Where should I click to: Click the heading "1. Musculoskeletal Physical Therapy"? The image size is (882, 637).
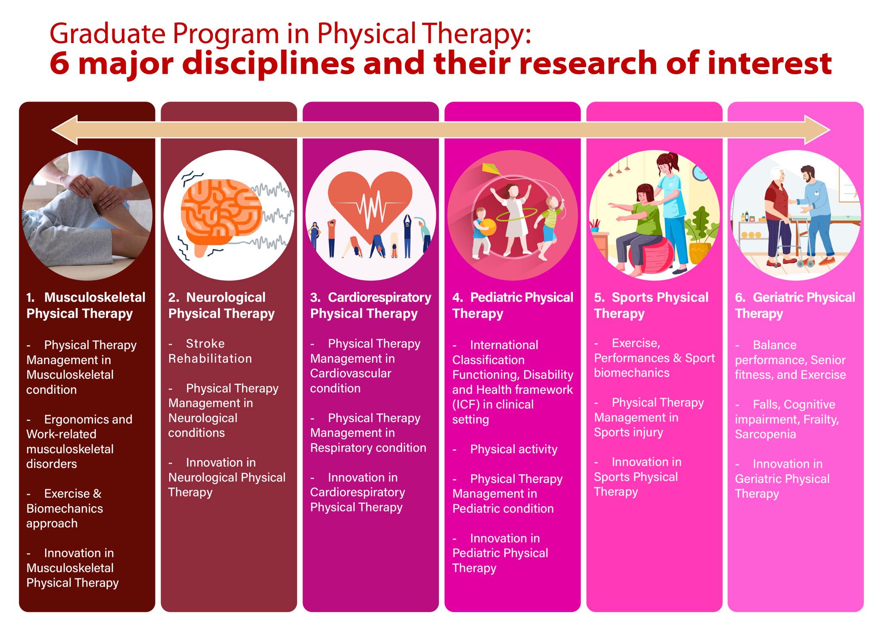tap(86, 305)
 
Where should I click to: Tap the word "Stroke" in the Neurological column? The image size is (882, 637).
tap(205, 343)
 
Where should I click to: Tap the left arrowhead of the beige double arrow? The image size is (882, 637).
tap(65, 130)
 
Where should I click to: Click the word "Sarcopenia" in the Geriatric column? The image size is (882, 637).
tap(765, 434)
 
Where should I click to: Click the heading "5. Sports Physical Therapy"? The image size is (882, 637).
tap(651, 305)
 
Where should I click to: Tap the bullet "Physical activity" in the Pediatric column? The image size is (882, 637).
tap(514, 449)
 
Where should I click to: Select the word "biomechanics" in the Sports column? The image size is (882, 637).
tap(632, 373)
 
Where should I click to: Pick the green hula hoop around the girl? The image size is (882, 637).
tap(517, 214)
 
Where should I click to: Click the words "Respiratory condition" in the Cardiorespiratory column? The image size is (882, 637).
tap(368, 448)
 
